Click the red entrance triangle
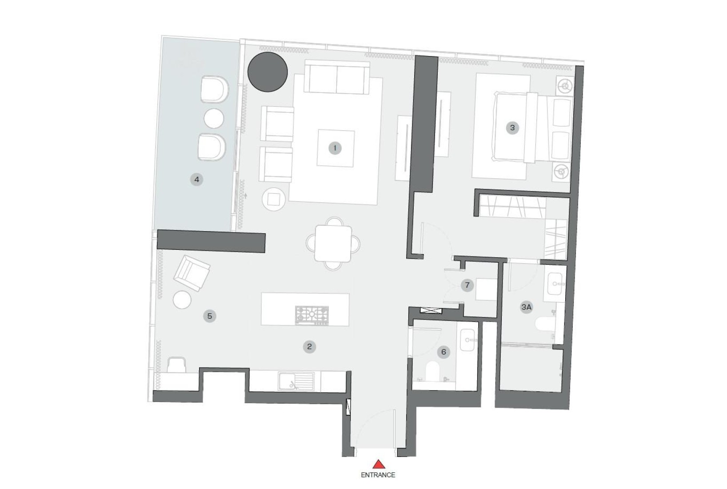coord(379,464)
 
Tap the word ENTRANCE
coord(378,475)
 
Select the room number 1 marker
coord(335,148)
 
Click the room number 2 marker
coord(309,347)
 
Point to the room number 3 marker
coord(512,128)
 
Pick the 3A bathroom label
coord(527,307)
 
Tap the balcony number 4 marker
coord(197,179)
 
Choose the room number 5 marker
coord(210,316)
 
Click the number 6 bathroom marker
coord(443,352)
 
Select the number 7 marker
coord(467,285)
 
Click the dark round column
coord(268,72)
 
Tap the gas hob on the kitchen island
coord(312,315)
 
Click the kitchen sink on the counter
coord(296,381)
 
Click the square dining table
coord(333,244)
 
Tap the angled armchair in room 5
coord(192,273)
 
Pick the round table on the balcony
coord(214,119)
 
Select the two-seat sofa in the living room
coord(337,78)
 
